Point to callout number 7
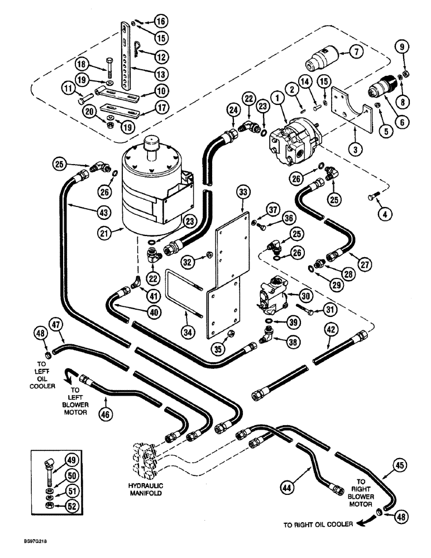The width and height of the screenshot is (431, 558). click(355, 52)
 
